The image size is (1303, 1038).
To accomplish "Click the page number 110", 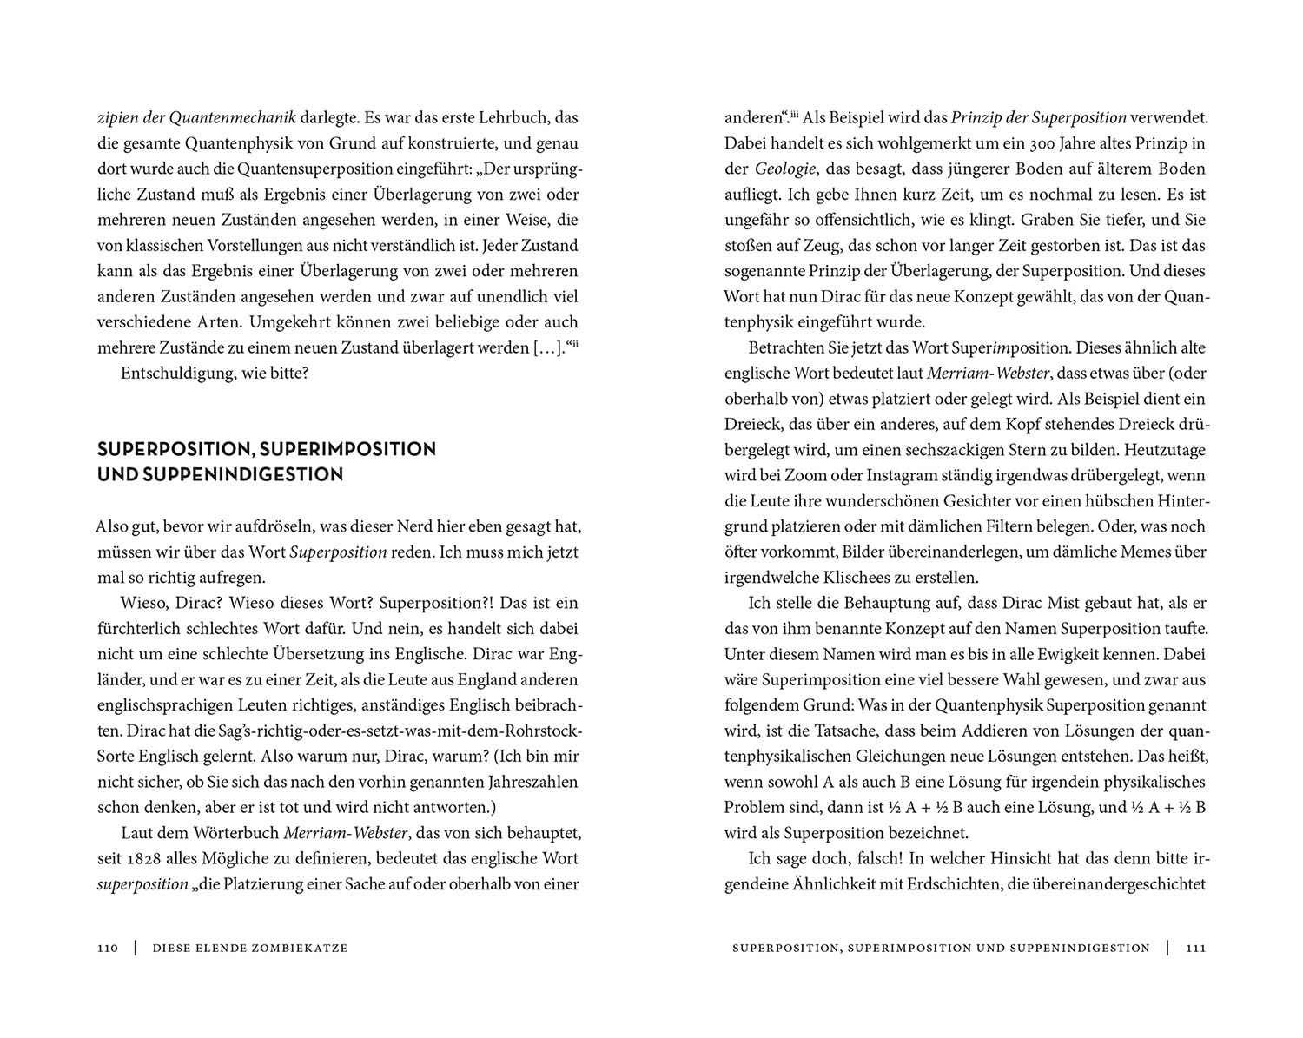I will click(x=107, y=948).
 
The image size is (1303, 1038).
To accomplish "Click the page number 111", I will click(x=1195, y=948).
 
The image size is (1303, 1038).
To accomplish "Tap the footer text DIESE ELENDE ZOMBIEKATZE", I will click(x=250, y=948).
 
